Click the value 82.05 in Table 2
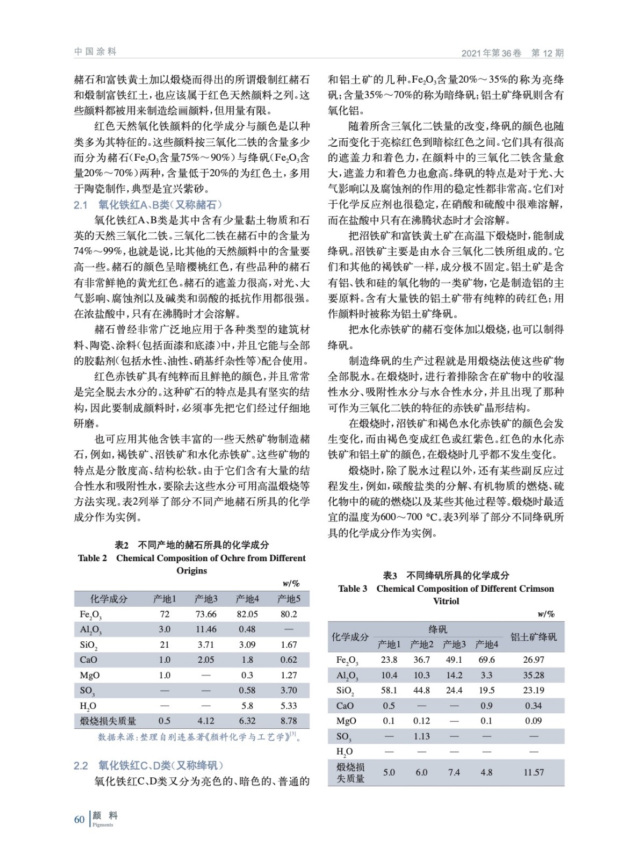pos(247,614)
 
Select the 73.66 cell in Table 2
pos(206,614)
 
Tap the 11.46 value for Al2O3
pos(206,629)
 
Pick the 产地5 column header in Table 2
pos(289,599)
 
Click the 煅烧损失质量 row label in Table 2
pos(108,721)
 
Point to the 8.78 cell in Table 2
pos(289,721)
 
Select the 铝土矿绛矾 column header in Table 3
pos(533,637)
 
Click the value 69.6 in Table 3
pos(486,660)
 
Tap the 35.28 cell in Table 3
pos(533,675)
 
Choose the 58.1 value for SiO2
pos(389,690)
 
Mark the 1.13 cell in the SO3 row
pos(421,736)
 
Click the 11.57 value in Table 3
pos(533,772)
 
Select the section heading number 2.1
pos(81,205)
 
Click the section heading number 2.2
pos(81,765)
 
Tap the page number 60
pos(80,819)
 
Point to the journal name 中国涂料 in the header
pos(95,52)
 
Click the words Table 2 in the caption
pos(92,558)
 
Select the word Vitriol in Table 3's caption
pos(446,601)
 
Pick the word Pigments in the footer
pos(103,825)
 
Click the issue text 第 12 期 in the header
pos(547,53)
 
